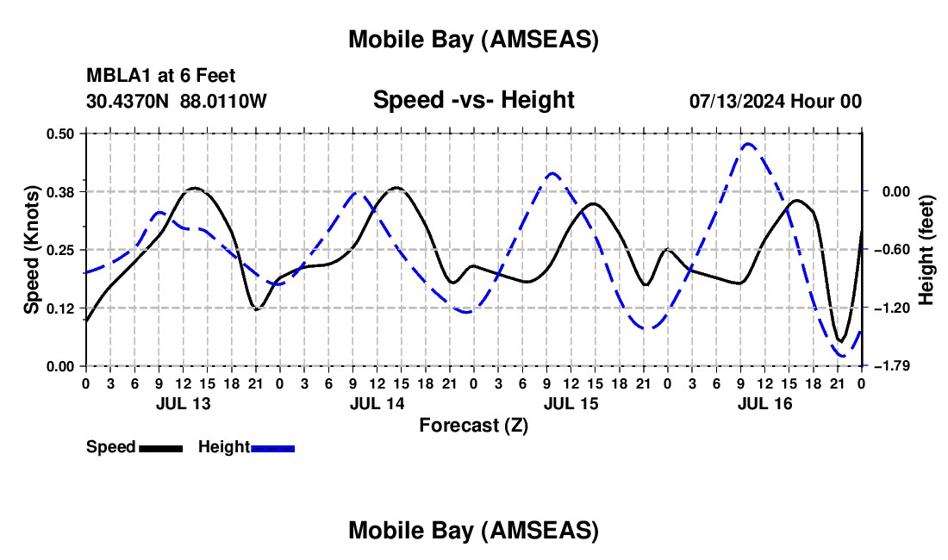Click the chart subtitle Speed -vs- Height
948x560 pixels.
[473, 100]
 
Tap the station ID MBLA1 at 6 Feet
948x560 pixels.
[161, 77]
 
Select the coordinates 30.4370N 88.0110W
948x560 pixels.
[177, 101]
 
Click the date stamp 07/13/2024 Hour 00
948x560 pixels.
[775, 101]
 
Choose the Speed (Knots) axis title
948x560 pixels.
[32, 250]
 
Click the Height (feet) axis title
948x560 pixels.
[926, 250]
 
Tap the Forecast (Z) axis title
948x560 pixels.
[473, 425]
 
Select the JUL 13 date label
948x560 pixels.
[183, 403]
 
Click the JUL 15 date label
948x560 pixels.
[571, 403]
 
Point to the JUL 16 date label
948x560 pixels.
[764, 403]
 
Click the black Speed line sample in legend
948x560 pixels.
[159, 447]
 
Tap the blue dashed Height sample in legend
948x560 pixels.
[272, 447]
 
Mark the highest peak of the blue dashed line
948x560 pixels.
[747, 144]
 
